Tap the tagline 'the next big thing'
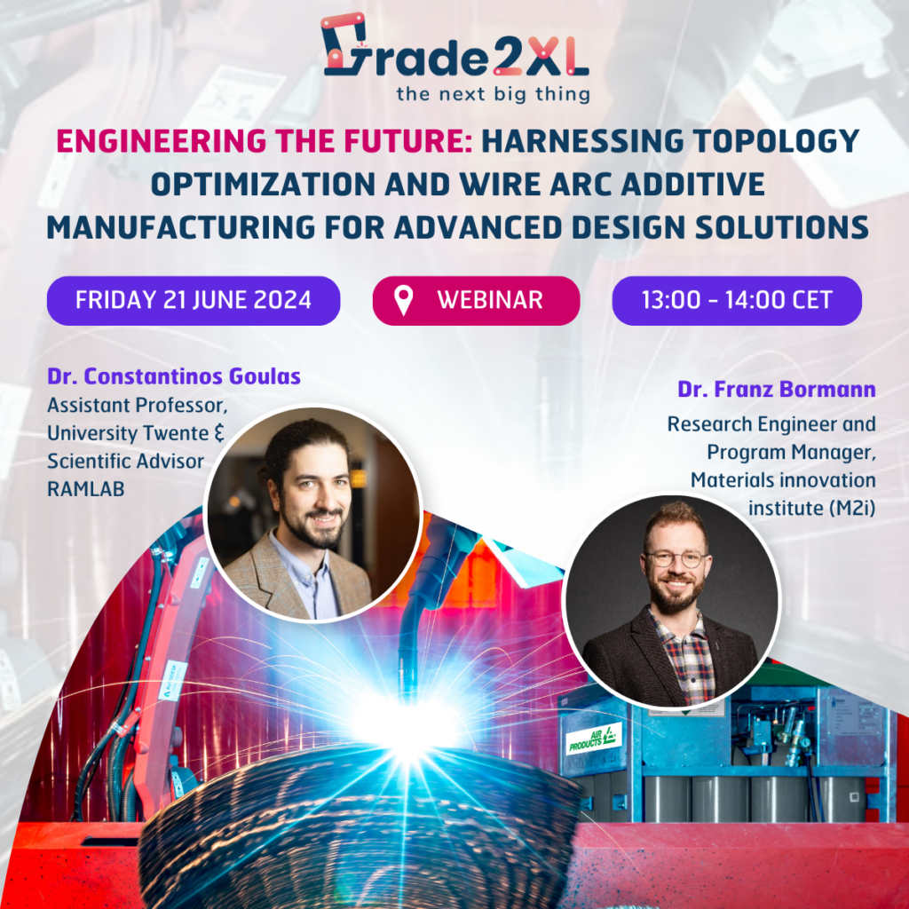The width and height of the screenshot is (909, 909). tap(493, 93)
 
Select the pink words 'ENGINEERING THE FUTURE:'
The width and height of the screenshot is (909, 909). tap(265, 141)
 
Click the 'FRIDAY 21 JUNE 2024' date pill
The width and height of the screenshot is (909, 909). tap(194, 300)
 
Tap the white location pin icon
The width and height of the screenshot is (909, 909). tap(404, 300)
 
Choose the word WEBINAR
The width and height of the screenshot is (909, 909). tap(490, 300)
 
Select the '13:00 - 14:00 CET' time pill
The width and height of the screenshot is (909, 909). tap(737, 300)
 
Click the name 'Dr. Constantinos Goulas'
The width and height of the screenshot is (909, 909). tap(174, 376)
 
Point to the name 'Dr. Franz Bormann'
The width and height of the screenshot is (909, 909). tap(777, 389)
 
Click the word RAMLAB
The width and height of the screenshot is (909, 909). tap(86, 489)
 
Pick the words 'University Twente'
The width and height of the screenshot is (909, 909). tap(128, 433)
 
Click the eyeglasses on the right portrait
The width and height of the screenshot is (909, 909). tap(676, 559)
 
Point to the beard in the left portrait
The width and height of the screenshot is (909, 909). tap(319, 526)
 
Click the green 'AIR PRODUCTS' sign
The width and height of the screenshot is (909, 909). tap(594, 739)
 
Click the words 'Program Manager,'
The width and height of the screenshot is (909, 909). tap(791, 452)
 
